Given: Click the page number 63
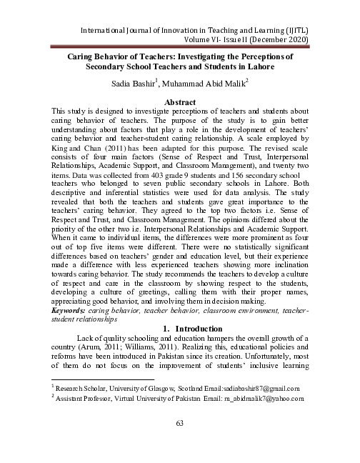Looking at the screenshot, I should [x=180, y=424].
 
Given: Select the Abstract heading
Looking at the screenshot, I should [x=179, y=103].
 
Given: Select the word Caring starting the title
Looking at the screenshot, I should [x=81, y=55].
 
